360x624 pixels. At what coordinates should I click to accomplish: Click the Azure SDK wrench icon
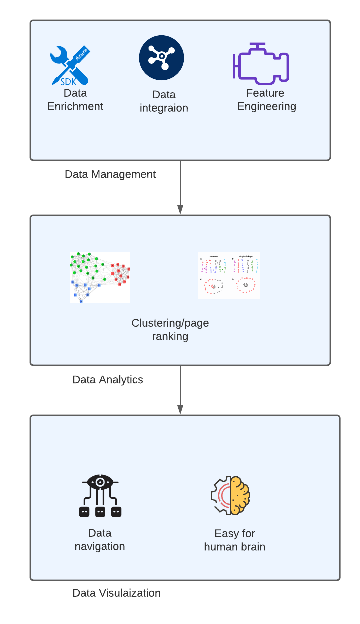tap(70, 65)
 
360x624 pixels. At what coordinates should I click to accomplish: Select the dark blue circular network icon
tap(161, 58)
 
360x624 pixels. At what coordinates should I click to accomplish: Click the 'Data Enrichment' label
tap(75, 100)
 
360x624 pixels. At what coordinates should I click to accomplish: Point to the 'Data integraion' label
tap(164, 101)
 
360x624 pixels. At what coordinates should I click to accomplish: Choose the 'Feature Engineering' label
tap(266, 100)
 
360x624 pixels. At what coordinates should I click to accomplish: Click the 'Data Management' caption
tap(110, 174)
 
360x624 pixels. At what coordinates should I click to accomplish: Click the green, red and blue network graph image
tap(100, 277)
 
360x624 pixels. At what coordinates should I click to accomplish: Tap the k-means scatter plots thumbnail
tap(228, 276)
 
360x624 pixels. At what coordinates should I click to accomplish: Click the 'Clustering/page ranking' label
tap(170, 330)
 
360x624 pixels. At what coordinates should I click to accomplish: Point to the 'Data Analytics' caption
tap(108, 380)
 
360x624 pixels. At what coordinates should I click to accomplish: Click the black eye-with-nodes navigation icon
tap(100, 496)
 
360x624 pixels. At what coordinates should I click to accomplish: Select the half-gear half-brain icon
tap(230, 495)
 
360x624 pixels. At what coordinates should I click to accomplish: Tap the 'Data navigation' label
tap(100, 540)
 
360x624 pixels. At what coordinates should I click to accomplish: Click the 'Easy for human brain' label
tap(235, 540)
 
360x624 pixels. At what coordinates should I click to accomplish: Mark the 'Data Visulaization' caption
tap(117, 593)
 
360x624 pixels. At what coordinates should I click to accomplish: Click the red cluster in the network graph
tap(120, 273)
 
